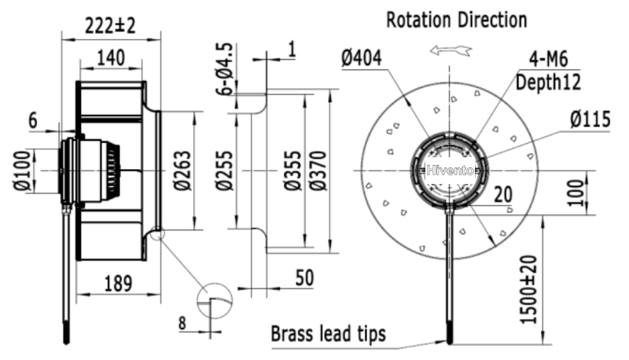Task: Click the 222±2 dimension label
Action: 110,27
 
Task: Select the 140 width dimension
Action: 111,58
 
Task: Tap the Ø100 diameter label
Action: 22,171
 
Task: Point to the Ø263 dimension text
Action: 182,171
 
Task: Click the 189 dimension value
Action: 118,284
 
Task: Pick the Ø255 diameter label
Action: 224,171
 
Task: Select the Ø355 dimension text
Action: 292,171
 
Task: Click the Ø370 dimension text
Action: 318,171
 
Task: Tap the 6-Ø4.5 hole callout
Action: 224,69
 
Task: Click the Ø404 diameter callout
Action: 362,58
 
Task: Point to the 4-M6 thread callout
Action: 548,59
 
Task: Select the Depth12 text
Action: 548,83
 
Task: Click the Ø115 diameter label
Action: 590,119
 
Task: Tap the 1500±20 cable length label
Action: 528,289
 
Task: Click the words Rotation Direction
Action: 457,20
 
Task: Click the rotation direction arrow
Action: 451,50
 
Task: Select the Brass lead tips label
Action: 328,334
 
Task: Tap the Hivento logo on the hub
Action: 450,171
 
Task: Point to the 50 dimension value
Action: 304,278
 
